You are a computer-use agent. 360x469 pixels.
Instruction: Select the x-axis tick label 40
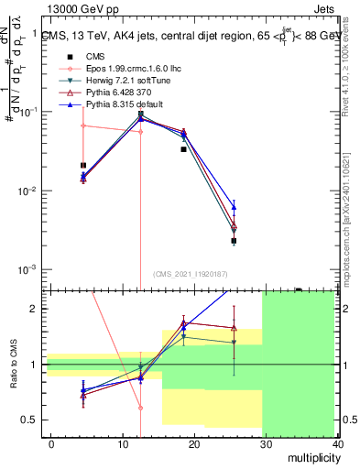pyautogui.click(x=335, y=442)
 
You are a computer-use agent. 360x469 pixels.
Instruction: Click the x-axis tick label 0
pyautogui.click(x=50, y=442)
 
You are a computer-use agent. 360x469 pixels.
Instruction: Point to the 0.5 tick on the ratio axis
pyautogui.click(x=34, y=420)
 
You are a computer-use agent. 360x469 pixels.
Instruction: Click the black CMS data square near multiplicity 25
pyautogui.click(x=234, y=241)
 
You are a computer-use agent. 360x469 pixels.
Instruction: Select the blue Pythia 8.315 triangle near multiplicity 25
pyautogui.click(x=234, y=207)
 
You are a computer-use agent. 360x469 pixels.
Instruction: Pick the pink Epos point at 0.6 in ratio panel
pyautogui.click(x=140, y=408)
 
